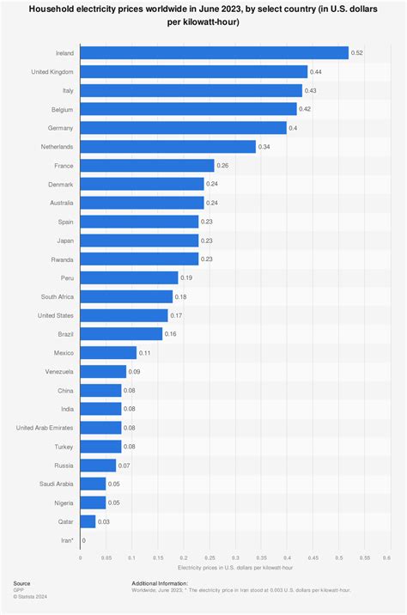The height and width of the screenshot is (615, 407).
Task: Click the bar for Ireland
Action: pyautogui.click(x=215, y=53)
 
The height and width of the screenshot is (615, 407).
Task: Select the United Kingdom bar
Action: pyautogui.click(x=194, y=72)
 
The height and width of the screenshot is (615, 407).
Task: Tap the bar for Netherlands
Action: pyautogui.click(x=168, y=147)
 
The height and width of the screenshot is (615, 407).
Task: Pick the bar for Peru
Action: pyautogui.click(x=130, y=277)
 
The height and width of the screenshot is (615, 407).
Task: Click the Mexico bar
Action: pyautogui.click(x=109, y=352)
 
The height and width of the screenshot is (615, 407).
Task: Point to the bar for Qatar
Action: pyautogui.click(x=88, y=521)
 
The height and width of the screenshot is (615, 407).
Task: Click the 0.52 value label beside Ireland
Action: pyautogui.click(x=357, y=53)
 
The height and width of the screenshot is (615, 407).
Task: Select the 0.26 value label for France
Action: pyautogui.click(x=223, y=166)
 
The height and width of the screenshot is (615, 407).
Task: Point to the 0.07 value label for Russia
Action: pyautogui.click(x=125, y=465)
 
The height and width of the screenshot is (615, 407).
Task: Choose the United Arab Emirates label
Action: pyautogui.click(x=46, y=427)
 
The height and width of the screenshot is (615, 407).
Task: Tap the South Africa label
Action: pyautogui.click(x=58, y=296)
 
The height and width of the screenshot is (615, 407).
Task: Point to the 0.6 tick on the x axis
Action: pyautogui.click(x=386, y=558)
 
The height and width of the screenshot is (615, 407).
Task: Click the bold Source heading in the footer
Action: pyautogui.click(x=21, y=583)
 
